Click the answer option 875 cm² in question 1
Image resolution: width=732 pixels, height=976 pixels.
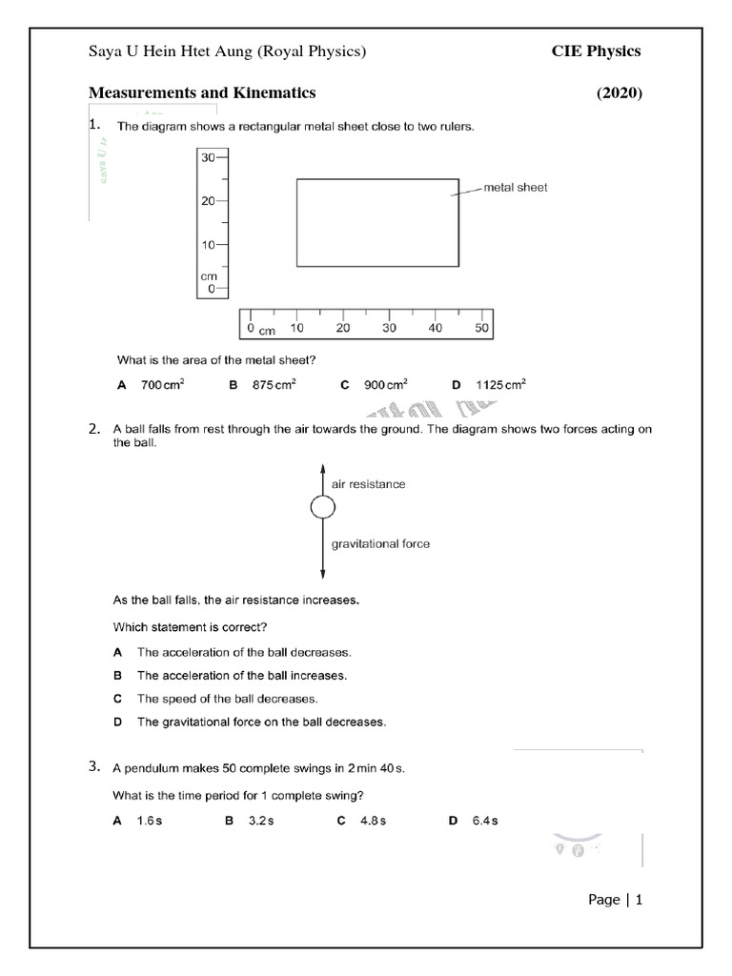point(274,385)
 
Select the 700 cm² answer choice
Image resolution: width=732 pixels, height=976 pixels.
point(162,385)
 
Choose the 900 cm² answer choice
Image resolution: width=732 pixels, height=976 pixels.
point(385,385)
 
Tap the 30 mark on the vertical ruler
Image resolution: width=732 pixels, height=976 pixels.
point(208,157)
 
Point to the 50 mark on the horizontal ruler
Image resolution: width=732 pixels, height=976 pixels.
point(481,328)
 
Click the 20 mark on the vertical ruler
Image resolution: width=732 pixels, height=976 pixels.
point(208,201)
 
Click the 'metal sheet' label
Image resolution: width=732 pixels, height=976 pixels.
point(516,188)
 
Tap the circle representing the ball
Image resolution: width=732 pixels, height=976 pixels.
point(323,508)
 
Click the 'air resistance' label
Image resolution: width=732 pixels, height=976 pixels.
point(368,484)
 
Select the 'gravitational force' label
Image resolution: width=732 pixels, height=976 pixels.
point(380,544)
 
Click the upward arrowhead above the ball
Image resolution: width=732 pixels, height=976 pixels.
point(323,467)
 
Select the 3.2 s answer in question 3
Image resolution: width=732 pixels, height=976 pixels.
point(261,821)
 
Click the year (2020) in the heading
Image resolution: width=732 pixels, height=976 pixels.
point(620,93)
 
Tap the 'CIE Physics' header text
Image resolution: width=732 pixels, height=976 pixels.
point(596,51)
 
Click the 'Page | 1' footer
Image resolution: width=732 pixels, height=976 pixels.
point(616,899)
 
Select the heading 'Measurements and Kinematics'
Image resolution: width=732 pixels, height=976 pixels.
point(202,93)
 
